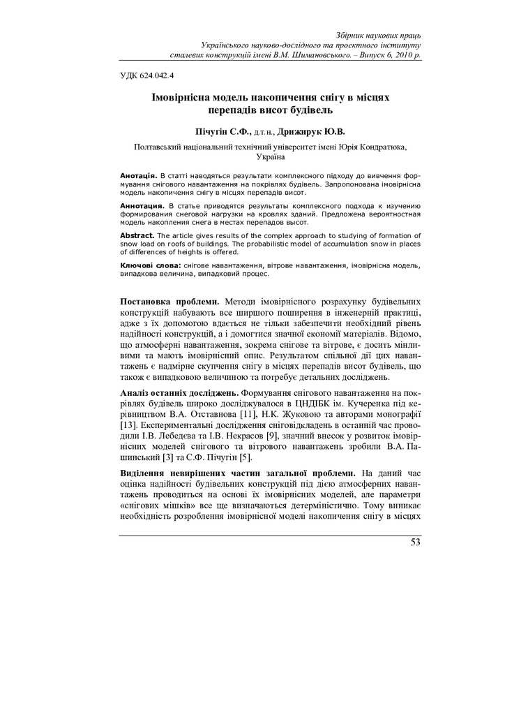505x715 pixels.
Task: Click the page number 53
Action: [x=416, y=543]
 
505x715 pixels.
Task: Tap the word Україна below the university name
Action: [x=271, y=159]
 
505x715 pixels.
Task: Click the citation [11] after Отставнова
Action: [x=250, y=415]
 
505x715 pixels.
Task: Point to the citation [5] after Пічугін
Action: [x=242, y=457]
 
